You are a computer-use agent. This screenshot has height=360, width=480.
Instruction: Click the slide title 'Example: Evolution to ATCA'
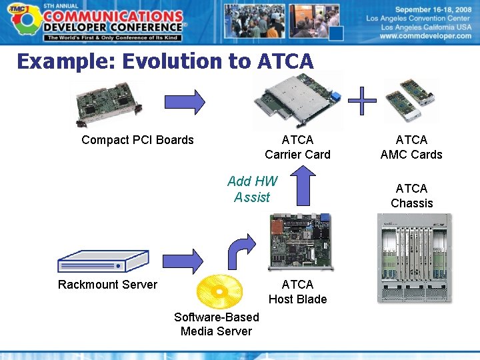(x=165, y=61)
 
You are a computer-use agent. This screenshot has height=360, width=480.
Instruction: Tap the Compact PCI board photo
(x=107, y=104)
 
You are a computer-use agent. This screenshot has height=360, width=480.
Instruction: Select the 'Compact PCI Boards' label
(x=137, y=140)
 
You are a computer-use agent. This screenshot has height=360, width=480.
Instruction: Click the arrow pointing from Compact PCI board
(x=185, y=102)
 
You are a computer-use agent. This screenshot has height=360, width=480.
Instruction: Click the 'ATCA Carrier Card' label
(x=297, y=147)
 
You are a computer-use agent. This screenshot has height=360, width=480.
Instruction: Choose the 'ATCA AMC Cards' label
(x=411, y=147)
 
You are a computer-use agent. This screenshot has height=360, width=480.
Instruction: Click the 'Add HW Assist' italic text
(x=252, y=189)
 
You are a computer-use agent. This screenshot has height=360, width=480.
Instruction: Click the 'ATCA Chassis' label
(x=411, y=196)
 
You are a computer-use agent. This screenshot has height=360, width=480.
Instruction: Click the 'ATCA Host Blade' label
(x=297, y=292)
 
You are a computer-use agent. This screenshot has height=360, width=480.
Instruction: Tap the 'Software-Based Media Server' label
(x=216, y=325)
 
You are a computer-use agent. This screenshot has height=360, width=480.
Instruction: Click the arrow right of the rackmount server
(x=183, y=261)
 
